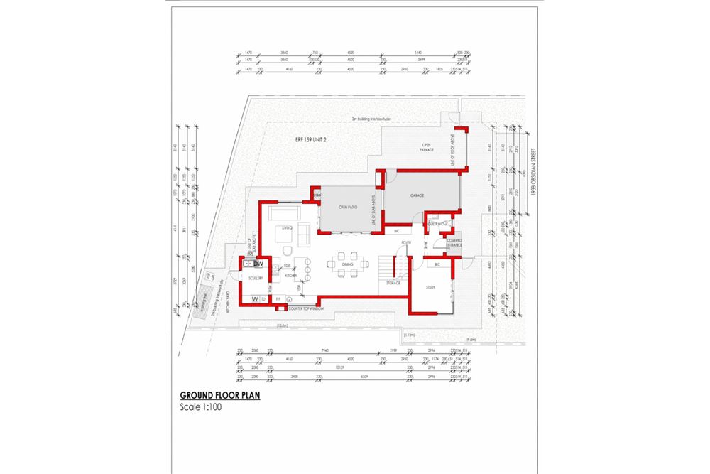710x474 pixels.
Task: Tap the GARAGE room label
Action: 417,194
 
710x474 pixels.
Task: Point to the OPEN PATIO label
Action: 346,208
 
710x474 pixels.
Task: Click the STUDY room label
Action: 431,288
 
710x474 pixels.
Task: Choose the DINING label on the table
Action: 348,264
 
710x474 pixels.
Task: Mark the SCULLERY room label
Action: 256,279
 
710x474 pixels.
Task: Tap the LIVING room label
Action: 287,228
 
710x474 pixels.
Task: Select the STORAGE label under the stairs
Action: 393,283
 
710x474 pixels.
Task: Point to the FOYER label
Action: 406,243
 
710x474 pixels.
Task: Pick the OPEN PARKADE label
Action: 426,148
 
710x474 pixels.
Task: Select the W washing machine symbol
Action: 254,300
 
